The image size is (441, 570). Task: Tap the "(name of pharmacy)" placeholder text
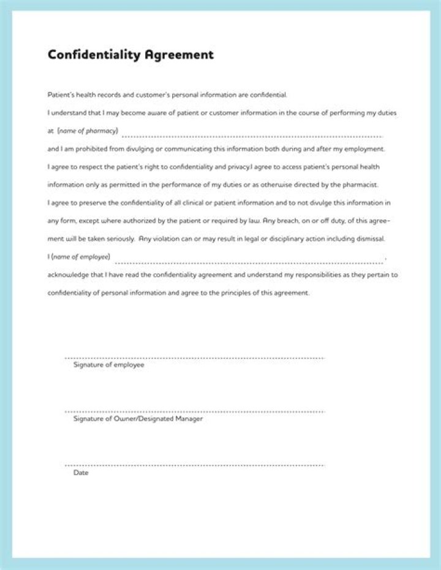point(88,131)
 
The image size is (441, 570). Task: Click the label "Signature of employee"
point(108,365)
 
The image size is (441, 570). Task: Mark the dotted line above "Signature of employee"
point(194,358)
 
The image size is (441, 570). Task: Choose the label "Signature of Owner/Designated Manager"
point(138,419)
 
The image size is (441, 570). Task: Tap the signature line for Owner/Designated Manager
point(194,411)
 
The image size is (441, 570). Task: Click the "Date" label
point(81,473)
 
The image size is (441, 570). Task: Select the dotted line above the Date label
point(194,465)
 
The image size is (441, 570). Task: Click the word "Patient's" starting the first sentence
point(62,95)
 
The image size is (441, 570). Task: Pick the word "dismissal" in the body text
point(369,238)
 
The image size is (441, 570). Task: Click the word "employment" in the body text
point(364,149)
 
